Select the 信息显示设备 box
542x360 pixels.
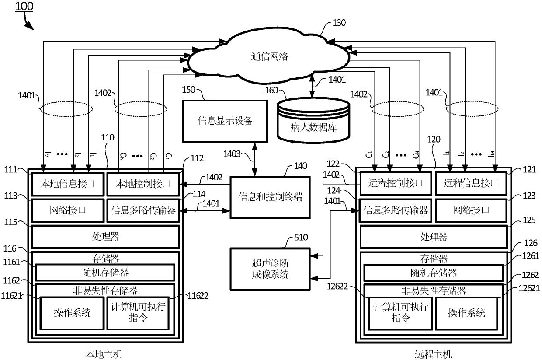[x=219, y=121]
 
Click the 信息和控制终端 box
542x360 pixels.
[x=270, y=197]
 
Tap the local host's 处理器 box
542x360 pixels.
[x=105, y=237]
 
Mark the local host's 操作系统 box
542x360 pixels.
[x=72, y=312]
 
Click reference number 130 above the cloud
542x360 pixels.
[x=339, y=23]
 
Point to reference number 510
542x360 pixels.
[x=301, y=238]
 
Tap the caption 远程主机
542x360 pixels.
[x=433, y=353]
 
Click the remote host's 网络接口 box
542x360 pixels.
[x=471, y=210]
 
